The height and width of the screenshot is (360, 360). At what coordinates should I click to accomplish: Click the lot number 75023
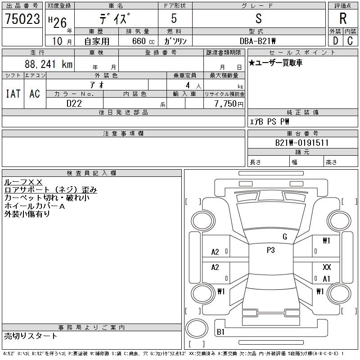(22, 19)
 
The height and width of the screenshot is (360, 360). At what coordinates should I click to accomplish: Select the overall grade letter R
(343, 18)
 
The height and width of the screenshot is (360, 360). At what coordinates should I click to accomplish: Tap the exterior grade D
(335, 41)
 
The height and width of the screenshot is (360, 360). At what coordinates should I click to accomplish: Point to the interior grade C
(350, 41)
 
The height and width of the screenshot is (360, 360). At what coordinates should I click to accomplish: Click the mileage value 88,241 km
(49, 64)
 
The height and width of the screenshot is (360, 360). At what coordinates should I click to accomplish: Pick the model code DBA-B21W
(257, 41)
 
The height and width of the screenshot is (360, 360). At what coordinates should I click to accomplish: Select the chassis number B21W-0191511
(302, 143)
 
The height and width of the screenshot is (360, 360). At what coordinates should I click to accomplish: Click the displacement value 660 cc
(143, 41)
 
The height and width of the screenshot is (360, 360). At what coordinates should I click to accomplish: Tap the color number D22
(74, 103)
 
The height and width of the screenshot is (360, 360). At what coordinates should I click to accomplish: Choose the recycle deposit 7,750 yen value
(229, 104)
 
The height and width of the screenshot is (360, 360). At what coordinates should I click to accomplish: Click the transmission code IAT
(13, 94)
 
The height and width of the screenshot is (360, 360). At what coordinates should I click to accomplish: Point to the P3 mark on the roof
(271, 250)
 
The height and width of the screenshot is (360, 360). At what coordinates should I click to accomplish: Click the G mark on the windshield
(285, 237)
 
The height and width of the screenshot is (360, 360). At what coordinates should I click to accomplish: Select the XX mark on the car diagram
(327, 267)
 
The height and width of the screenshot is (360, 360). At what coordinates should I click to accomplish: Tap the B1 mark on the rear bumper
(220, 332)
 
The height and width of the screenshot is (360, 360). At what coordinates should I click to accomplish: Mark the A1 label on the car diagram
(326, 279)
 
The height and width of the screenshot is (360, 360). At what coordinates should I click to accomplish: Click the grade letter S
(258, 18)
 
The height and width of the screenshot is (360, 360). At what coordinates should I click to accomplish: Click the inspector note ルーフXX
(23, 182)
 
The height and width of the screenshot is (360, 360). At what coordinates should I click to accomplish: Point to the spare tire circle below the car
(197, 328)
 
